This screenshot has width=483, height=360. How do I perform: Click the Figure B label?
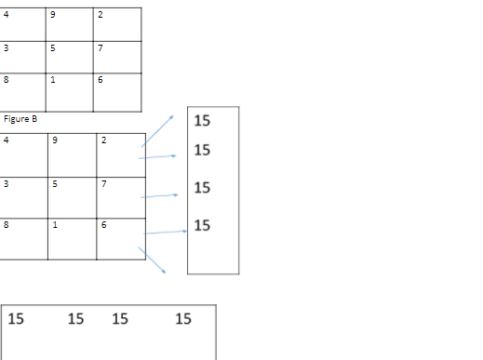pyautogui.click(x=20, y=119)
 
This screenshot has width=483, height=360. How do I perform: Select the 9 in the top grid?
pyautogui.click(x=52, y=14)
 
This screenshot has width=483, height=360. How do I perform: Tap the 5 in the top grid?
pyautogui.click(x=52, y=47)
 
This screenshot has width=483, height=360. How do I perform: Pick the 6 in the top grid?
pyautogui.click(x=100, y=80)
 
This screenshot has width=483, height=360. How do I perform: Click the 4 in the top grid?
pyautogui.click(x=6, y=14)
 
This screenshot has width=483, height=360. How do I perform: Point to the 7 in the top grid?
pyautogui.click(x=100, y=47)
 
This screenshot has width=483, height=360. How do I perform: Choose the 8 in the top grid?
pyautogui.click(x=6, y=80)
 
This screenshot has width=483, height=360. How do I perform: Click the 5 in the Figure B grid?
pyautogui.click(x=55, y=183)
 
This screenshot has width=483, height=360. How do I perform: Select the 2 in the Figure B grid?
pyautogui.click(x=103, y=140)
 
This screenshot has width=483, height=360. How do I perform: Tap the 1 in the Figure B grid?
pyautogui.click(x=55, y=225)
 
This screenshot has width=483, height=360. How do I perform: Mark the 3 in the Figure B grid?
pyautogui.click(x=6, y=183)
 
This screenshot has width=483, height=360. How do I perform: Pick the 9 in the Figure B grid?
pyautogui.click(x=55, y=140)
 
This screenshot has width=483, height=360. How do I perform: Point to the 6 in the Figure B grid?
pyautogui.click(x=103, y=225)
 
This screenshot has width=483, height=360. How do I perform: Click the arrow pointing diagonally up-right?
pyautogui.click(x=157, y=131)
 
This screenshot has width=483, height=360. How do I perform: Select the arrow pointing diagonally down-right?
pyautogui.click(x=153, y=260)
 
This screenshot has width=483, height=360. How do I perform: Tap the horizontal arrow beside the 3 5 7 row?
pyautogui.click(x=158, y=196)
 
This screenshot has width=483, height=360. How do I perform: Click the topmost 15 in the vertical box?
pyautogui.click(x=202, y=121)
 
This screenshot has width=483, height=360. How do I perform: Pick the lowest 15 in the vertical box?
pyautogui.click(x=202, y=225)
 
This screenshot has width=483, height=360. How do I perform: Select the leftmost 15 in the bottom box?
pyautogui.click(x=17, y=319)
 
